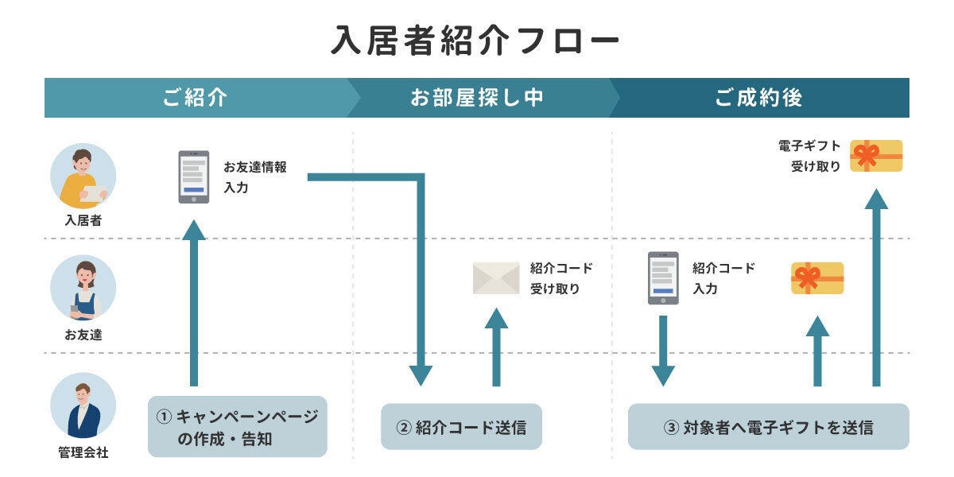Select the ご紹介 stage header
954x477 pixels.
(x=196, y=98)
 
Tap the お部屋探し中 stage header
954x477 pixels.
(x=477, y=98)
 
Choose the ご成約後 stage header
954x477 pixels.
(x=758, y=98)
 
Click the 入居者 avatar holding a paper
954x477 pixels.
(x=83, y=176)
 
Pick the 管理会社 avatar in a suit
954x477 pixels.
(x=83, y=405)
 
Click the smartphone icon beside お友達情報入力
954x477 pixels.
(x=193, y=177)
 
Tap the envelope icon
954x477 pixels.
(x=496, y=278)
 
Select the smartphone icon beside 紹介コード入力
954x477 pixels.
(x=663, y=278)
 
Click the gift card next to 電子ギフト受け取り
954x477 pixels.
(x=876, y=156)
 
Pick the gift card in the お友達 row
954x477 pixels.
(x=817, y=278)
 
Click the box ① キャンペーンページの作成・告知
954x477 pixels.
(x=238, y=427)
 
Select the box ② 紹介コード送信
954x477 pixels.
(x=461, y=427)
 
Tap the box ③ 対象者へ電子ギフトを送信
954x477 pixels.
(x=768, y=427)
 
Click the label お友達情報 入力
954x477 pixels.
(x=254, y=177)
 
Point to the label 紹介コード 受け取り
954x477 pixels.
(x=561, y=278)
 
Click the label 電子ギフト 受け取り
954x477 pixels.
(x=809, y=156)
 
